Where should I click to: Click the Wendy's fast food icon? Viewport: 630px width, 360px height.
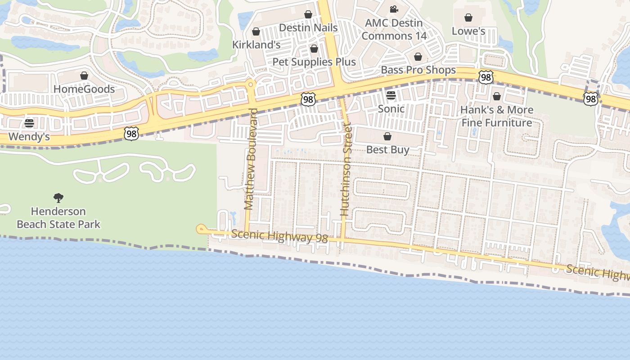pyautogui.click(x=29, y=123)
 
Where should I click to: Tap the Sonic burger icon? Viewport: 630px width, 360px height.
pyautogui.click(x=391, y=95)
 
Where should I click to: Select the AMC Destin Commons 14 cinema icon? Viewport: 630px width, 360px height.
pyautogui.click(x=394, y=9)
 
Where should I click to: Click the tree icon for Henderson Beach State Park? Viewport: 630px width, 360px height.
pyautogui.click(x=58, y=198)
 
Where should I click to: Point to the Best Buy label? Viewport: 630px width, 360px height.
pyautogui.click(x=387, y=149)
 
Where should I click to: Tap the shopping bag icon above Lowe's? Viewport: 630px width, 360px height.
pyautogui.click(x=468, y=18)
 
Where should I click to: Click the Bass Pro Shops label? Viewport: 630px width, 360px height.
pyautogui.click(x=418, y=70)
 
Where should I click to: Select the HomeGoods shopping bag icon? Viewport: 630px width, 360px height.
pyautogui.click(x=84, y=76)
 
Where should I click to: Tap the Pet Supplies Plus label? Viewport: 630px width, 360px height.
pyautogui.click(x=314, y=62)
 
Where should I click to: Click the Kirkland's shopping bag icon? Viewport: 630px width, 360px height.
pyautogui.click(x=256, y=31)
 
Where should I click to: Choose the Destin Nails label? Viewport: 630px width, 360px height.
pyautogui.click(x=308, y=27)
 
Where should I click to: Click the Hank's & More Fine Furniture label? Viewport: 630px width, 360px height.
pyautogui.click(x=497, y=116)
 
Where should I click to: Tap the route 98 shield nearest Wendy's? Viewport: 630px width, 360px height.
pyautogui.click(x=131, y=133)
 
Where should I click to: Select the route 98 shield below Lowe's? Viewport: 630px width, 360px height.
pyautogui.click(x=486, y=77)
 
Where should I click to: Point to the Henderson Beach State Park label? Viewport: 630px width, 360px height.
pyautogui.click(x=58, y=217)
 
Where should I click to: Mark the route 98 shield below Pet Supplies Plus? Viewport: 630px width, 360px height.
pyautogui.click(x=308, y=99)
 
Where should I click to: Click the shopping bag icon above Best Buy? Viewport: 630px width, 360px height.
pyautogui.click(x=387, y=136)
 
